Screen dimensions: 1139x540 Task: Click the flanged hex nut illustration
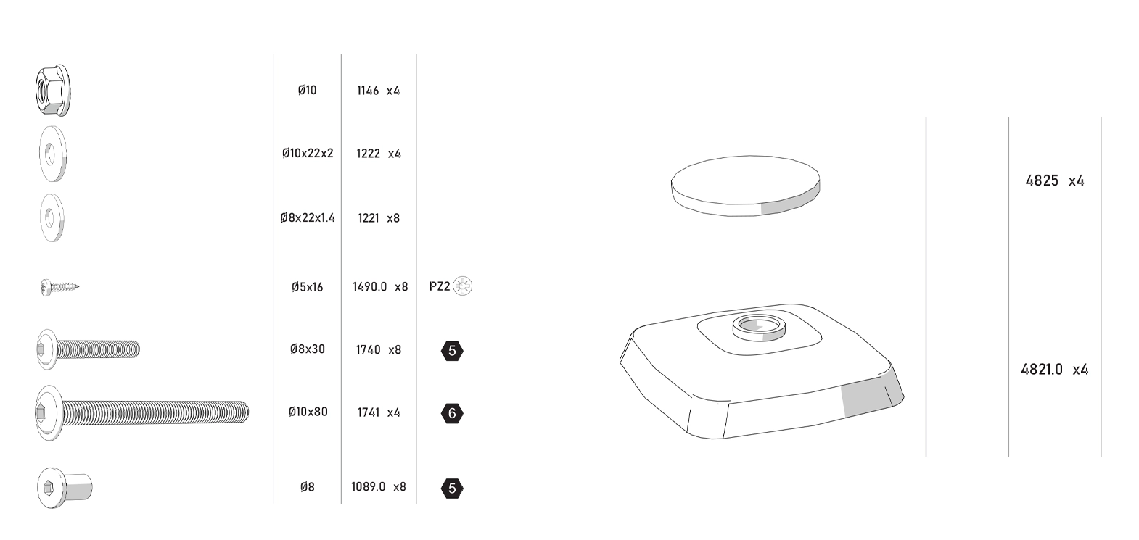coord(52,91)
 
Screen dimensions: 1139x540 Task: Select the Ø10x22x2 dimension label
coord(308,153)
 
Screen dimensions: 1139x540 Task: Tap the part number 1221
coord(368,218)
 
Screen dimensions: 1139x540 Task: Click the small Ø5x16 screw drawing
coord(59,287)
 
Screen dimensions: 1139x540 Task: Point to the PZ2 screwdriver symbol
coord(462,286)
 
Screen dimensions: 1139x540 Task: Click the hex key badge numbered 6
coord(452,413)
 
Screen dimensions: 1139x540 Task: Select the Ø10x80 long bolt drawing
coord(141,412)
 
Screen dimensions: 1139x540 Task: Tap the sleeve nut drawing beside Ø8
coord(65,488)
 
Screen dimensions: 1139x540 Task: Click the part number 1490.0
coord(370,286)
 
